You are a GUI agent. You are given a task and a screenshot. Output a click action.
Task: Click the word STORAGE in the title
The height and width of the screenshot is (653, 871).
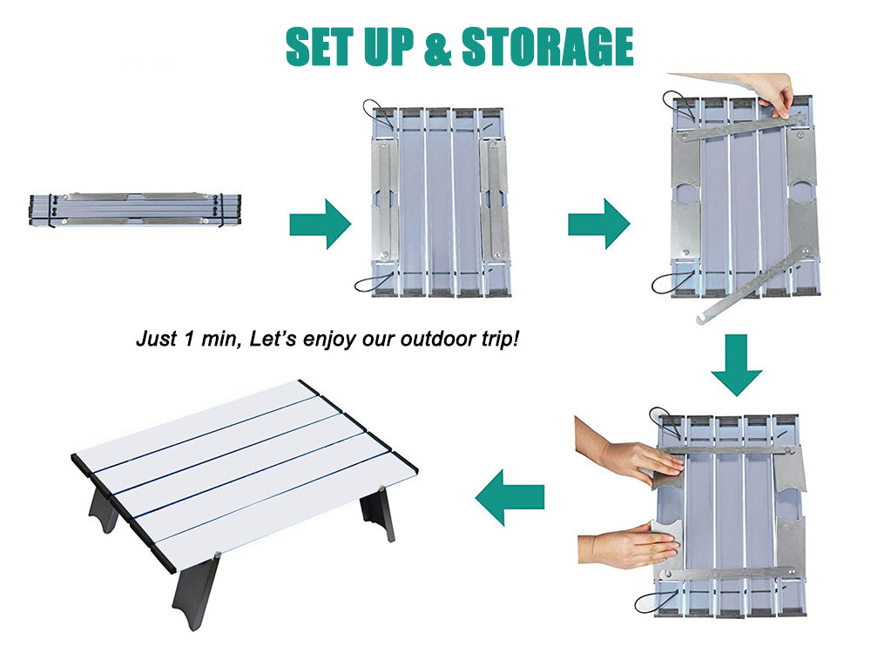[x=547, y=47]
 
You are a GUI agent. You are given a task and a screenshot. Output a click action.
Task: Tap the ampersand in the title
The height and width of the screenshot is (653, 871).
[x=438, y=48]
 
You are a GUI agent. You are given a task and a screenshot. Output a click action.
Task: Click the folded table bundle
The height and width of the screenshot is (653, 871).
[x=134, y=210]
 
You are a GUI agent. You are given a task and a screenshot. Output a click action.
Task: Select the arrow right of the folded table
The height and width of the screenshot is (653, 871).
[x=320, y=224]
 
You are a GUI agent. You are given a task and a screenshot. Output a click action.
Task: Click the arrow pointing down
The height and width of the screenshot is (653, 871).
[x=736, y=365]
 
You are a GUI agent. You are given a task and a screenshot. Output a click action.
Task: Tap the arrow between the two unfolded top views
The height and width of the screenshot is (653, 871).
[x=598, y=224]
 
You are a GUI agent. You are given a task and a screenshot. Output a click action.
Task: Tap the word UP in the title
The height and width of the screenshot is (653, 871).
[x=390, y=47]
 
